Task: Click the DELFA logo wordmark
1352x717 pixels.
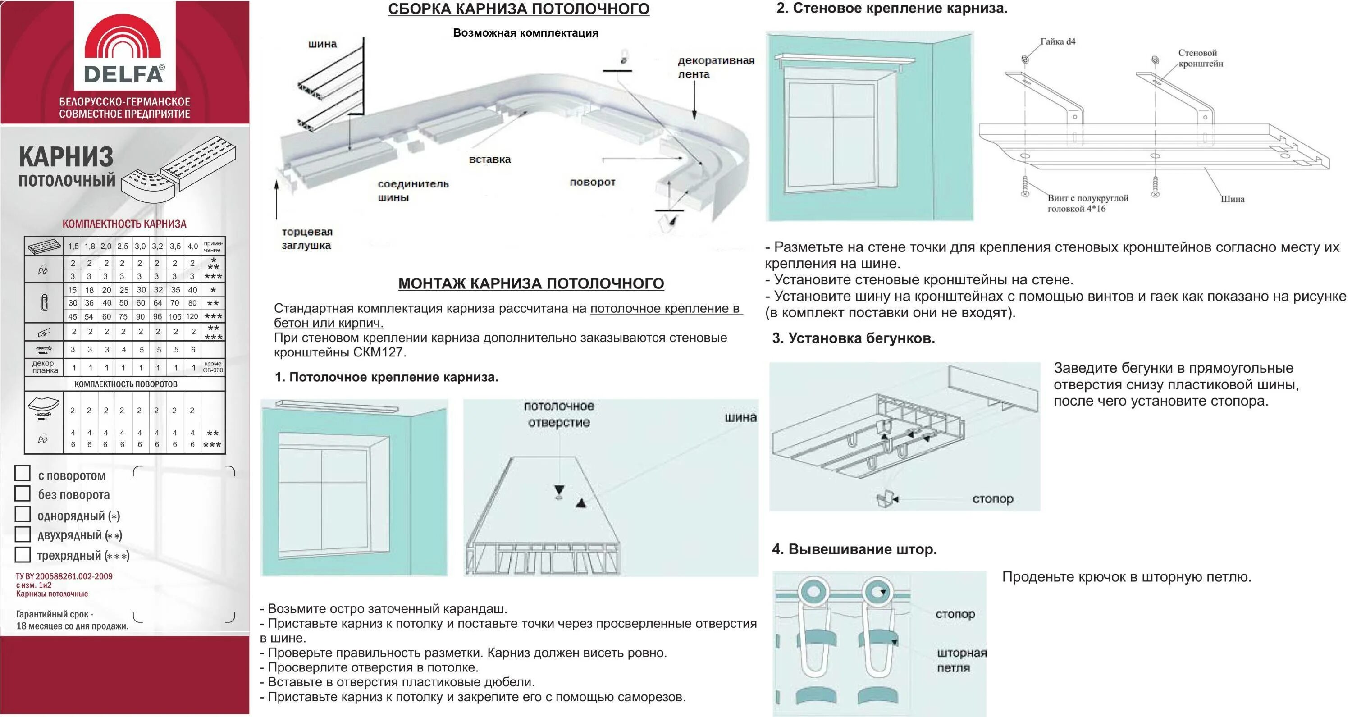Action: coord(124,74)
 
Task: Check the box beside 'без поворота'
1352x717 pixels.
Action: coord(23,493)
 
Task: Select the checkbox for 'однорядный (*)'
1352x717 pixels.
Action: coord(23,513)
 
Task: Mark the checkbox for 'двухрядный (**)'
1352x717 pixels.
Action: coord(23,534)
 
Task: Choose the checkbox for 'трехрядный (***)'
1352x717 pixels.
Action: coord(23,554)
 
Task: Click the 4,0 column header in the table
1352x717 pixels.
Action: coord(192,246)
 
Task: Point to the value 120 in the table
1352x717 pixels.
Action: coord(192,316)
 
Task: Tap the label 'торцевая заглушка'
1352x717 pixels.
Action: coord(307,239)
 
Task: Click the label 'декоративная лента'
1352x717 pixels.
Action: coord(715,67)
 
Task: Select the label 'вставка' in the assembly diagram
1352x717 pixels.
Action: coord(490,160)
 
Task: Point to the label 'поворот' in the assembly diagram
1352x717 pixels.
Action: coord(592,182)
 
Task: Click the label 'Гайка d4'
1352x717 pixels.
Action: coord(1058,41)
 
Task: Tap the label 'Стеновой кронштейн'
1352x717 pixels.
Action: coord(1200,58)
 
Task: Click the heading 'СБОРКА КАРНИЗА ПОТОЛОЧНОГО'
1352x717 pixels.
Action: coord(519,9)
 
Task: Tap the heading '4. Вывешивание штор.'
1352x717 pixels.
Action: coord(854,549)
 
